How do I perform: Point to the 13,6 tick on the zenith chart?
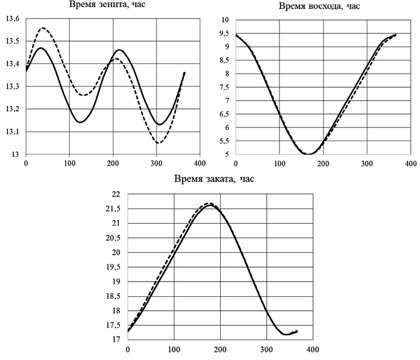tap(12, 19)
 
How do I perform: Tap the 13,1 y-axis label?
tap(12, 132)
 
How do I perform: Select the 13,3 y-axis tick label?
tap(12, 87)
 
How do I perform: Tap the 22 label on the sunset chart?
tap(115, 194)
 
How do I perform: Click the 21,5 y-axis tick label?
tap(111, 209)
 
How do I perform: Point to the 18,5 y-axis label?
tap(111, 296)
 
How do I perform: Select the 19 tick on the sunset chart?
tap(115, 282)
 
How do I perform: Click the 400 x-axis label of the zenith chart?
tap(199, 162)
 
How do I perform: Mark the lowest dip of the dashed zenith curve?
tap(158, 143)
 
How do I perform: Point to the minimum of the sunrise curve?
tap(308, 154)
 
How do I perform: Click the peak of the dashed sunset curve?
tap(210, 204)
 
